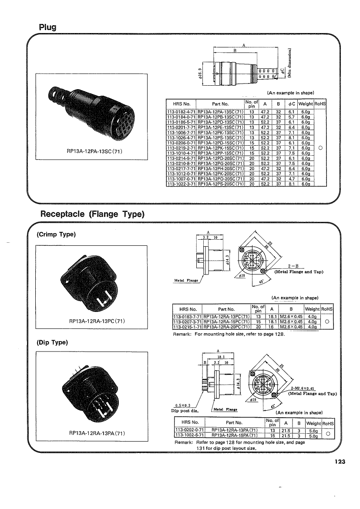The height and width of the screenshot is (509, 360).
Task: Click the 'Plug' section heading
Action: (47, 27)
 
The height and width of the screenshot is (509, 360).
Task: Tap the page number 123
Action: (338, 462)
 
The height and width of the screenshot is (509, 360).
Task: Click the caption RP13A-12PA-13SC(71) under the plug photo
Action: (94, 152)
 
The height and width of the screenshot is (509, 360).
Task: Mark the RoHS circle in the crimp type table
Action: (326, 322)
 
